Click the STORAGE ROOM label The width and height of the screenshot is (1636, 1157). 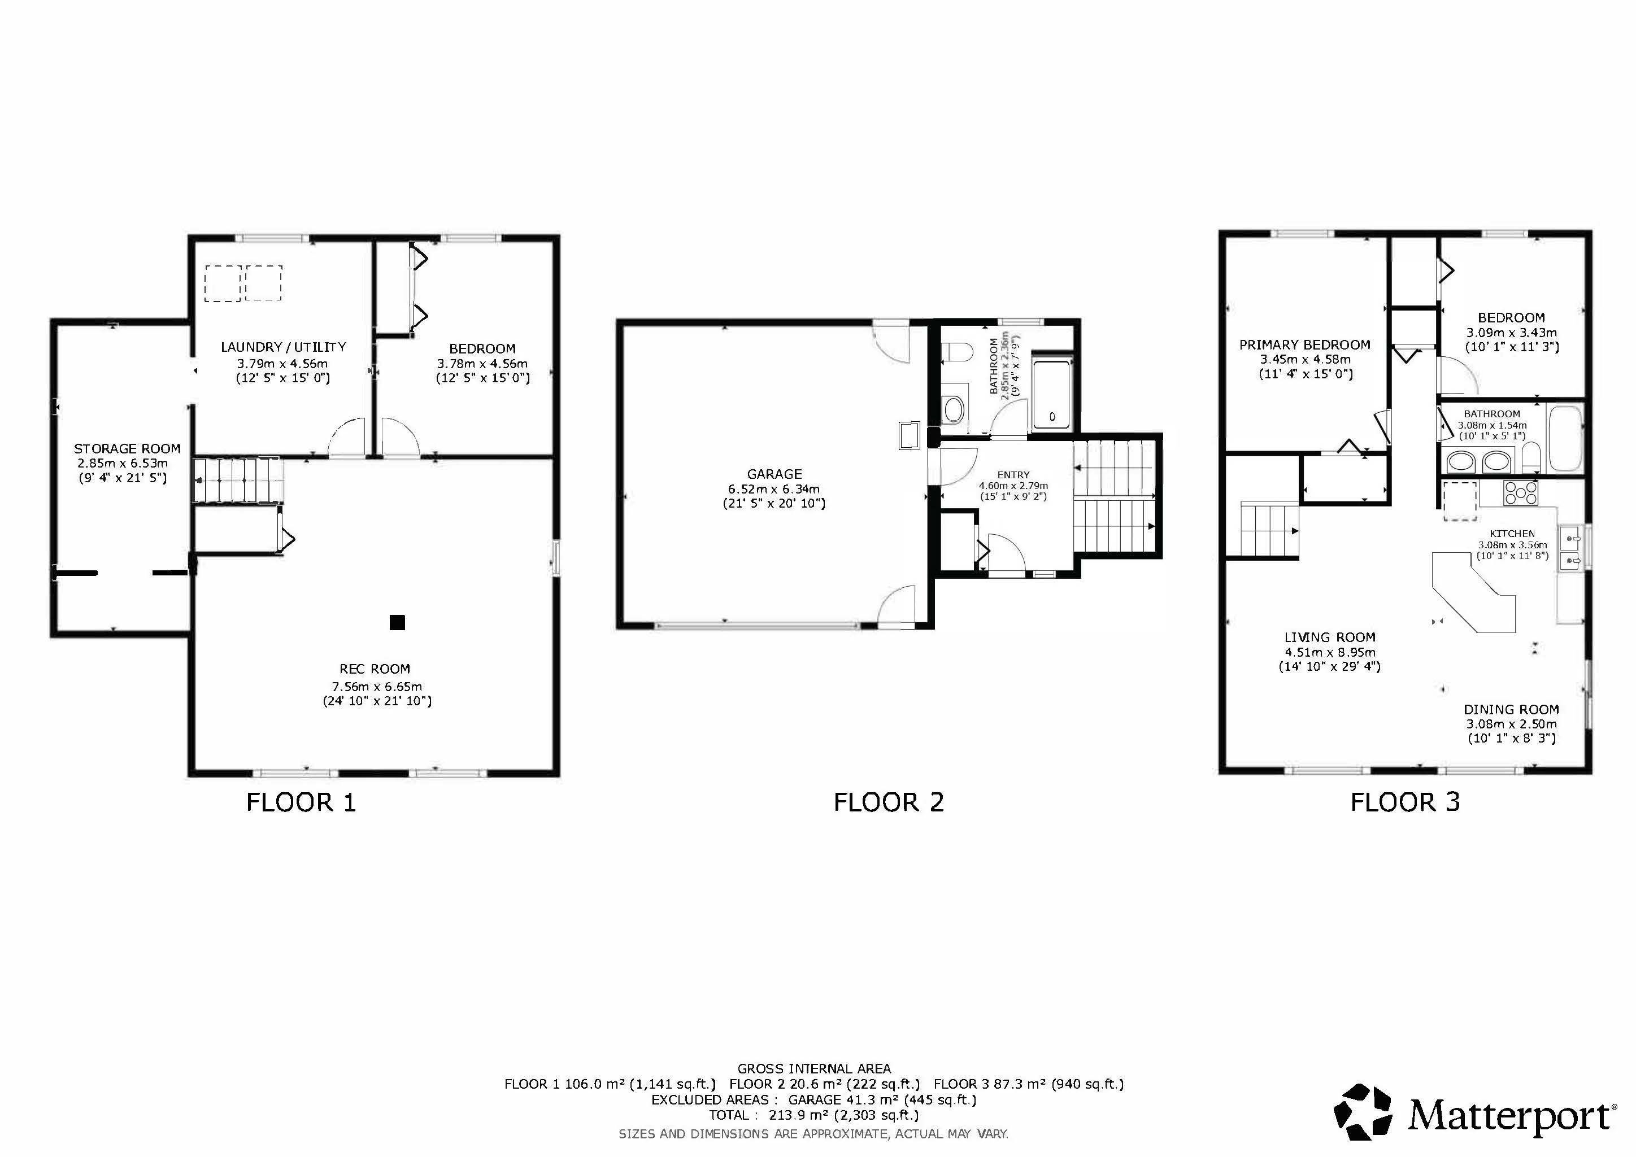point(128,449)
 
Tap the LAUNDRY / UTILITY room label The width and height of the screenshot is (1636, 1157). point(284,347)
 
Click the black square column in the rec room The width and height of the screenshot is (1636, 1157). point(397,623)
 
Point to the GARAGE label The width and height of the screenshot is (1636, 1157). point(775,474)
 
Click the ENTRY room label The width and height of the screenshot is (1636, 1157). point(1013,474)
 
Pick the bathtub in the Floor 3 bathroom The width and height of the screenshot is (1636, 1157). point(1565,438)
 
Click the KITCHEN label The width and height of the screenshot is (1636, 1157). point(1512,534)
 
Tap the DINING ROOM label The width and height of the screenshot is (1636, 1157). point(1511,710)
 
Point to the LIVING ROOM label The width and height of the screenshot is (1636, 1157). point(1330,638)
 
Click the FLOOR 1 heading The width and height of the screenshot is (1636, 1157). point(301,802)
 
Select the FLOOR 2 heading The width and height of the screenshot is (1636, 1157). point(889,802)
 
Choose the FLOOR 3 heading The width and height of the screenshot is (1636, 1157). point(1405,802)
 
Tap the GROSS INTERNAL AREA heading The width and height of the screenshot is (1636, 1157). point(813,1069)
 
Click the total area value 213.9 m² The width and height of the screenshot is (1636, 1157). point(791,1115)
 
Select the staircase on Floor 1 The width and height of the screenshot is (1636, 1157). point(238,481)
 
